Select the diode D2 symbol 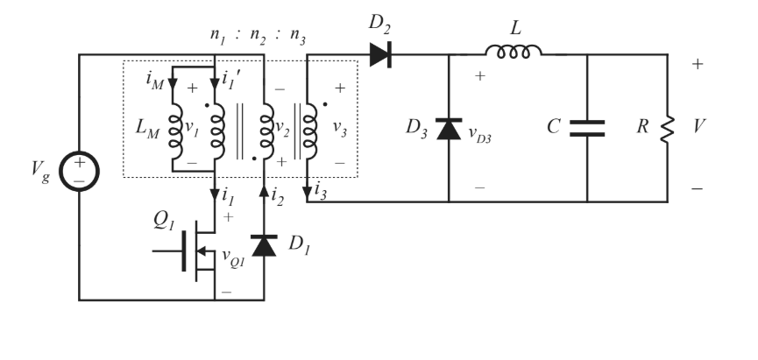pyautogui.click(x=379, y=55)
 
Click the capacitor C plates pyautogui.click(x=587, y=128)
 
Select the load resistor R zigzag pyautogui.click(x=669, y=128)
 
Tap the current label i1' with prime pyautogui.click(x=232, y=84)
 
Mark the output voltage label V pyautogui.click(x=696, y=128)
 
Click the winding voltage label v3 pyautogui.click(x=340, y=127)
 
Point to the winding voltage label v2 pyautogui.click(x=282, y=127)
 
